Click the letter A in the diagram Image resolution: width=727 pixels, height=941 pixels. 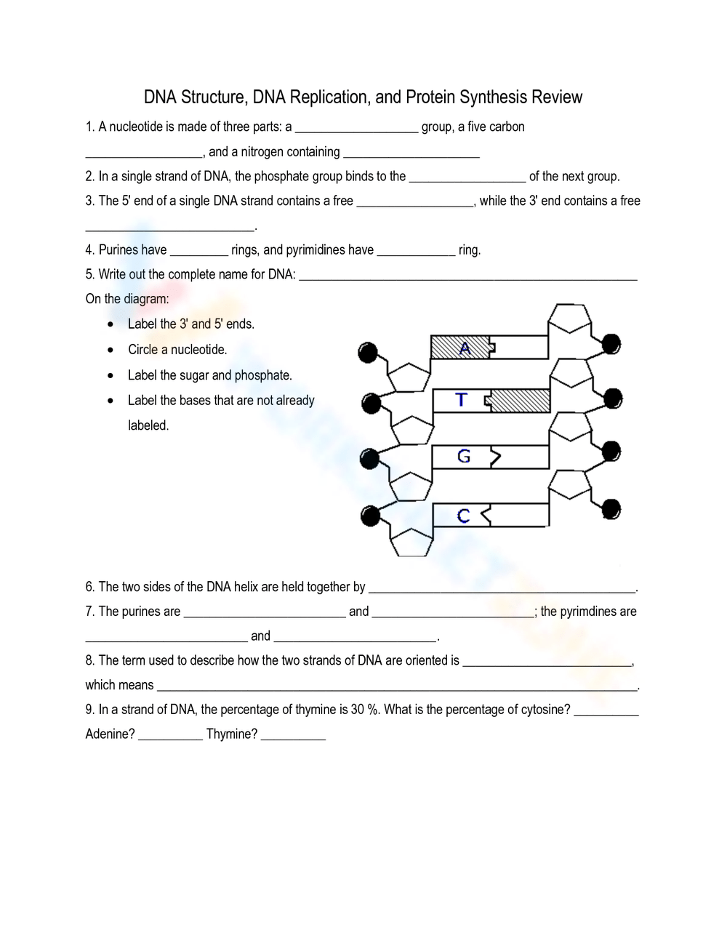[465, 348]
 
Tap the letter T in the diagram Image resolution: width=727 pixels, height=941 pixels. [461, 399]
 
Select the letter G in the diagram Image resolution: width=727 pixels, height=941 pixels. [464, 456]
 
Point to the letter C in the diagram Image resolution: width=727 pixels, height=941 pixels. [464, 516]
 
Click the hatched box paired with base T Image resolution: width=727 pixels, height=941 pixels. [521, 401]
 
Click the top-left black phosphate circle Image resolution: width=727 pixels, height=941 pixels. [369, 353]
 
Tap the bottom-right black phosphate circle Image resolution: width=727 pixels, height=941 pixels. [611, 509]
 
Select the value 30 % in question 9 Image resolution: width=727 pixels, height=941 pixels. [364, 709]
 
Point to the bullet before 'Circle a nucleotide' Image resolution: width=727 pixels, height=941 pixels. [110, 350]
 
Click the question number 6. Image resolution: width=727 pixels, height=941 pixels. [89, 587]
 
